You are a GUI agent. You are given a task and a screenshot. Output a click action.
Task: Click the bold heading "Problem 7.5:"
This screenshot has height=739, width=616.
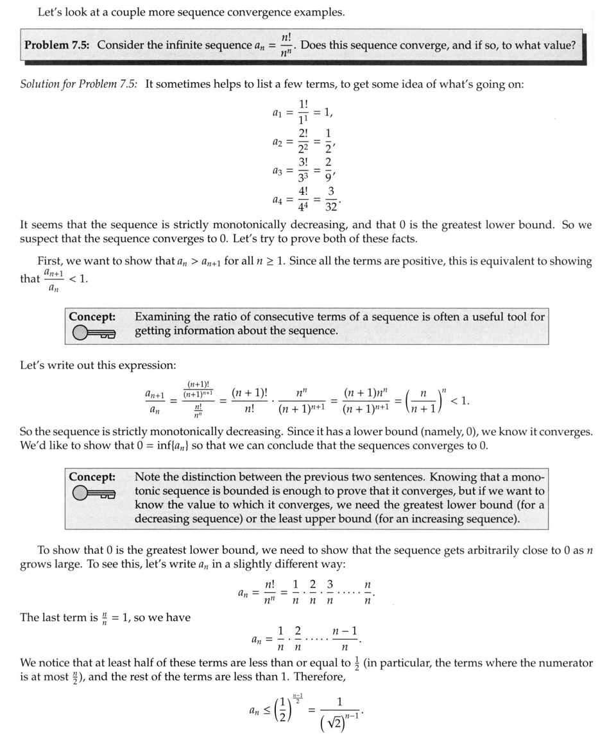(x=57, y=46)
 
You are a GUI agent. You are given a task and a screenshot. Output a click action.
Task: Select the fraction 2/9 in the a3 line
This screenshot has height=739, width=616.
(x=328, y=170)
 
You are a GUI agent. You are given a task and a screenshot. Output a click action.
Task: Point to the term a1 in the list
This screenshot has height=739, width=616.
(x=278, y=113)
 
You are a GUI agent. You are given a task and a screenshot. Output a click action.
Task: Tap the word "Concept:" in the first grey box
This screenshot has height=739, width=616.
(x=92, y=317)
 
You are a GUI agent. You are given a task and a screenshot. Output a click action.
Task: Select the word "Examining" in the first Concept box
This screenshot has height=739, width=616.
(x=162, y=317)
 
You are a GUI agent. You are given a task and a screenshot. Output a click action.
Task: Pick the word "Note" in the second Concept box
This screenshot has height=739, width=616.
(x=148, y=477)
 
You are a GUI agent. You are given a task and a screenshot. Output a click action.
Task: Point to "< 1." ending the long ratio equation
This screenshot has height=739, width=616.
(x=460, y=401)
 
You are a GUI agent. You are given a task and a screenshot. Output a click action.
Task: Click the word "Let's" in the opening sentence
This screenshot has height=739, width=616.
(x=51, y=12)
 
